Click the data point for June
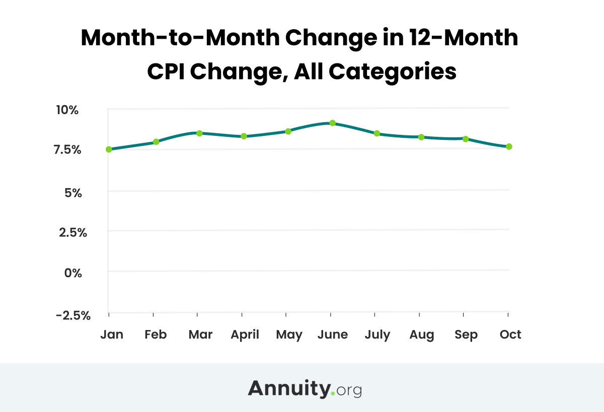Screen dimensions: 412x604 [332, 123]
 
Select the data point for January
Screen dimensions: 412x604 [109, 149]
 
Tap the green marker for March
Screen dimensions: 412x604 [199, 133]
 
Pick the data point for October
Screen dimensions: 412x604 [509, 146]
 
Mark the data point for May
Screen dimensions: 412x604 [288, 131]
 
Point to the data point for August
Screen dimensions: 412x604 [421, 137]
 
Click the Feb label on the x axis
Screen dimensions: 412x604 [155, 335]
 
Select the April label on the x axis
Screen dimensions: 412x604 [245, 335]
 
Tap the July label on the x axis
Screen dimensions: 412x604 [377, 335]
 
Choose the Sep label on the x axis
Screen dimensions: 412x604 [466, 335]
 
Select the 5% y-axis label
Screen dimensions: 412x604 [73, 192]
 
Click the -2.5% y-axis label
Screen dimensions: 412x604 [73, 315]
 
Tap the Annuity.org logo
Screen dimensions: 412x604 [305, 388]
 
